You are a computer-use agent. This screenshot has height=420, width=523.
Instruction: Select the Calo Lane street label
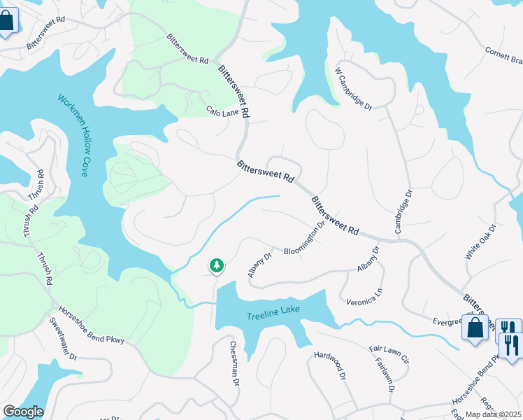click(x=223, y=111)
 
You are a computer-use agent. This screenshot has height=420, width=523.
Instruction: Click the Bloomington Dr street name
click(x=305, y=239)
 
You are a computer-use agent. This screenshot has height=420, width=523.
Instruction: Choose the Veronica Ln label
click(x=365, y=297)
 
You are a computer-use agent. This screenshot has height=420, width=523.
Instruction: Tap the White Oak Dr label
click(x=480, y=242)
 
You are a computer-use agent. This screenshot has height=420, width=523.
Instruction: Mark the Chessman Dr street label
click(x=235, y=363)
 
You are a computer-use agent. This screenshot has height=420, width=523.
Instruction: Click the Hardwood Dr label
click(x=330, y=365)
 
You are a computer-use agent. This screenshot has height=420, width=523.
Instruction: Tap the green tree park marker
click(x=217, y=266)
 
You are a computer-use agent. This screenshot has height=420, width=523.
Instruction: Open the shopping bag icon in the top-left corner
click(x=7, y=21)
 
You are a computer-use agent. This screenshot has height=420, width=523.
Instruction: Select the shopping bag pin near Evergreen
click(x=475, y=328)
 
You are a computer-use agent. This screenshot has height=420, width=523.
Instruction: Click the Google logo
click(x=22, y=412)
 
